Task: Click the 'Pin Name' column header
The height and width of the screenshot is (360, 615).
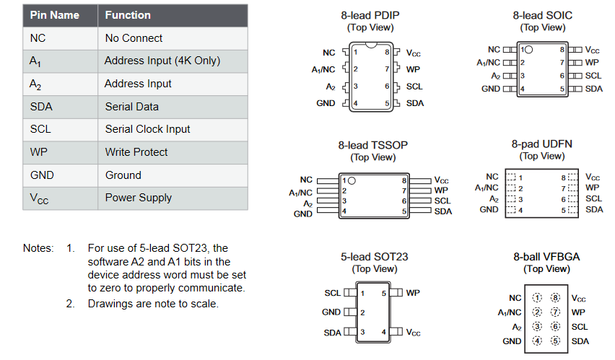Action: point(55,15)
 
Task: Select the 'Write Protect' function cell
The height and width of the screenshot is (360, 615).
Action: point(136,152)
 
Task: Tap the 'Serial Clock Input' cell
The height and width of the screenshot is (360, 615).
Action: point(147,129)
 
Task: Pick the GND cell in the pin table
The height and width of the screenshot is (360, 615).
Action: point(42,175)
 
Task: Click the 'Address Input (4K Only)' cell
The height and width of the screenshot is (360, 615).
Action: point(162,61)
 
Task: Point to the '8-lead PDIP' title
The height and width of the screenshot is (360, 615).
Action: point(370,15)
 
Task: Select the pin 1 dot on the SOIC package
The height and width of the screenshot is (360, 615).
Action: point(528,50)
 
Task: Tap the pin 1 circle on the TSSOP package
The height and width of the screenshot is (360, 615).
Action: point(352,181)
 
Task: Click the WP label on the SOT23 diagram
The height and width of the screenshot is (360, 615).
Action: point(413,293)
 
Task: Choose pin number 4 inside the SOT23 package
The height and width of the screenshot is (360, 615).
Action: point(383,332)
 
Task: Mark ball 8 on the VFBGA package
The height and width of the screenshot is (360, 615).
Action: point(555,298)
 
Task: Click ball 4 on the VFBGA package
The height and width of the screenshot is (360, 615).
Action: point(537,341)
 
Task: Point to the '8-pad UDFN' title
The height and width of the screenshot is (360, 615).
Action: point(541,144)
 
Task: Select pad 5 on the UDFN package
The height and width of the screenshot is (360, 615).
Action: point(573,210)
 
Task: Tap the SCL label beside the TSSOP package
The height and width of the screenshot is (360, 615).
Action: point(442,201)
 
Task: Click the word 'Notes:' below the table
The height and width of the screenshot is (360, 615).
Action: point(38,248)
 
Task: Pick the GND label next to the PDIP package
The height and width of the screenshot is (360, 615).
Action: point(326,103)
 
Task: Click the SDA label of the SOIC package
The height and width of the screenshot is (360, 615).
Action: point(594,89)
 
